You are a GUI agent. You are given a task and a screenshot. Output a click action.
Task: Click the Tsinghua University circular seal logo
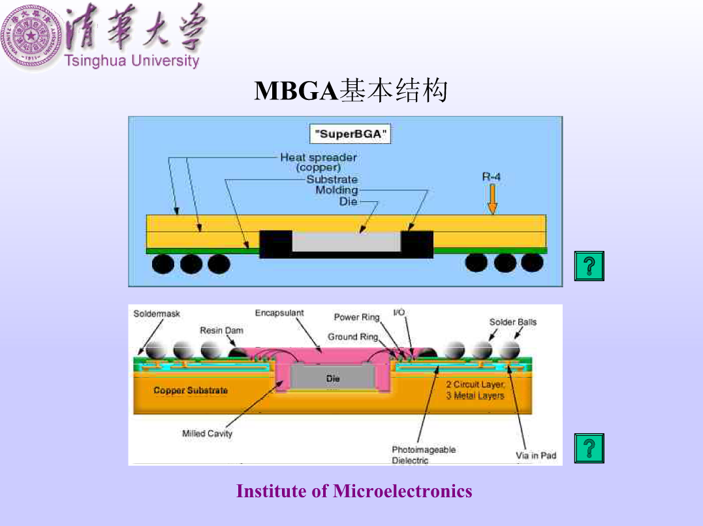pos(31,36)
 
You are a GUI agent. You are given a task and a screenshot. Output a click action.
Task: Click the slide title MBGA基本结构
pos(351,90)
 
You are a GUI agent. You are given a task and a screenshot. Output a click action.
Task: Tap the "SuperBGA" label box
pos(350,134)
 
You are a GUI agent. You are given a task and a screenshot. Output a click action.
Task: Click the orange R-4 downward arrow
pos(492,199)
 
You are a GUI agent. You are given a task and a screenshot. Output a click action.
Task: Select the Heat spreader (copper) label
pos(319,162)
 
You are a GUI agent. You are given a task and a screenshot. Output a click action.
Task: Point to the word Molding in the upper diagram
pos(337,190)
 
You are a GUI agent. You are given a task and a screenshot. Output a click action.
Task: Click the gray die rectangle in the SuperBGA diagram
pos(346,242)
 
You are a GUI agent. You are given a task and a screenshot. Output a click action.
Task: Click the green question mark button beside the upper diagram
pos(589,266)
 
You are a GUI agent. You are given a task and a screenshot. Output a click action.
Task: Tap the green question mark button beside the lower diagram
pos(589,448)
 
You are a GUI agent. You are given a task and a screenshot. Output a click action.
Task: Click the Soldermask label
pos(157,314)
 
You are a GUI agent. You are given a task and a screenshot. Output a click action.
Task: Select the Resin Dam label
pos(221,331)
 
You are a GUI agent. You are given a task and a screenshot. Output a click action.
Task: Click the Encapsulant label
pos(279,313)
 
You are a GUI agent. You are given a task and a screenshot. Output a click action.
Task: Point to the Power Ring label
pos(356,318)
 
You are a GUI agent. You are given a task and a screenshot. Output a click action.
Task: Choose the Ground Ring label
pos(353,337)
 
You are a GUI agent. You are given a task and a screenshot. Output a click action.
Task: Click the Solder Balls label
pos(513,321)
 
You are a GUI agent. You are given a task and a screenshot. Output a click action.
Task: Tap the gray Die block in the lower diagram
pos(332,377)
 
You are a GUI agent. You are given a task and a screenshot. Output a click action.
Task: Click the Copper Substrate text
pos(191,391)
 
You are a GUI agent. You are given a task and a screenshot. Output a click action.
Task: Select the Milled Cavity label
pos(207,434)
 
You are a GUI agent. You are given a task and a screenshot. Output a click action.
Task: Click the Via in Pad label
pos(536,455)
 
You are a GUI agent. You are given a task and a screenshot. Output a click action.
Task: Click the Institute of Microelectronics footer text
pos(354,491)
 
